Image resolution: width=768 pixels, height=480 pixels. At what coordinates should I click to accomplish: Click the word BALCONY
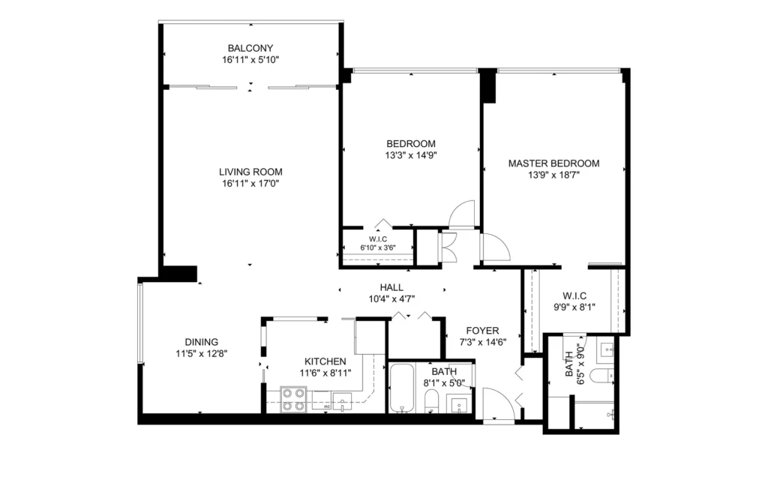[250, 48]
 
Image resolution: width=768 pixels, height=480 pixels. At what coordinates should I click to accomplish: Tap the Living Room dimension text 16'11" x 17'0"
[250, 184]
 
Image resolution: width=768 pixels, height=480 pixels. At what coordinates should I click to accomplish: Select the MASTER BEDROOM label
[553, 163]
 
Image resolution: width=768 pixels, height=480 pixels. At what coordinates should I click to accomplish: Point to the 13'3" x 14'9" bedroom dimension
[410, 156]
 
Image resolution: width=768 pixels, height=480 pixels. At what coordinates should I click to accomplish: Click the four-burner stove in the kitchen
[293, 399]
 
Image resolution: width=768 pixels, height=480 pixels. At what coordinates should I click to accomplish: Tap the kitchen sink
[342, 401]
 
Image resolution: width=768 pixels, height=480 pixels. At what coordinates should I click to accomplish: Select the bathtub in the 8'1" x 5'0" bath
[402, 388]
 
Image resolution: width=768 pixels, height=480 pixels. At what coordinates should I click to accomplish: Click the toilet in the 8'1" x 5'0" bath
[431, 401]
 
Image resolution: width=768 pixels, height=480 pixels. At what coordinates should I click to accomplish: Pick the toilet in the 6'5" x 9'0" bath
[601, 376]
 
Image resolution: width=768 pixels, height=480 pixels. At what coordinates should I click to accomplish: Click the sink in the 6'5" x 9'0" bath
[607, 349]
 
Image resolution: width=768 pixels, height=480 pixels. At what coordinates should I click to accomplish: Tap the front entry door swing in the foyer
[498, 403]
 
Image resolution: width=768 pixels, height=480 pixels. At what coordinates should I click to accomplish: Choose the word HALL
[391, 287]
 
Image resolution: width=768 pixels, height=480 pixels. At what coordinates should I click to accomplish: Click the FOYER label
[482, 331]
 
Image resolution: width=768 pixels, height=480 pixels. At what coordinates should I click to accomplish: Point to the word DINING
[201, 342]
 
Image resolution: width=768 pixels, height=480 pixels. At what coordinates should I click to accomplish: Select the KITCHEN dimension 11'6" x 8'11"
[325, 373]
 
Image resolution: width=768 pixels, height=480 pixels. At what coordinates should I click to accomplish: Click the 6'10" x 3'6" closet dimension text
[378, 247]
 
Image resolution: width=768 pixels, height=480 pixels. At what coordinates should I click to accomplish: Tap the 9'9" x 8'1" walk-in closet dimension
[574, 307]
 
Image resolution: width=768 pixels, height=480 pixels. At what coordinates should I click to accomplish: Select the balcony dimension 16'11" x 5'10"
[250, 60]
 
